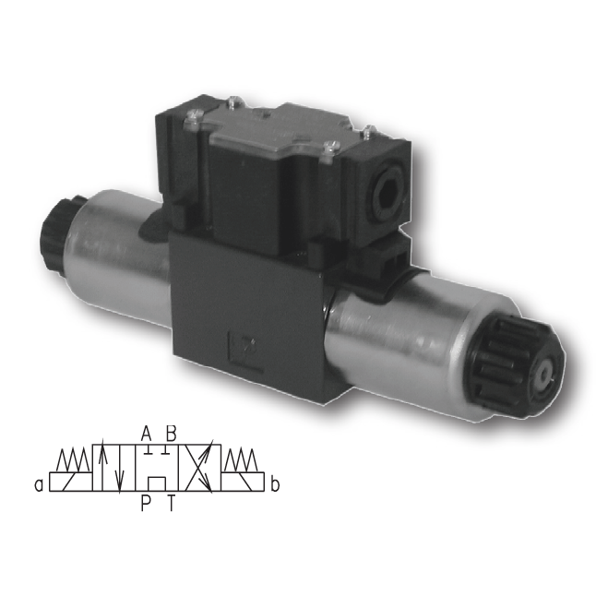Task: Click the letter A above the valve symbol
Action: [147, 433]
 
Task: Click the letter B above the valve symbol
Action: [172, 433]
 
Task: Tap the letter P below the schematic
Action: [146, 503]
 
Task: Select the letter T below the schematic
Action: [172, 503]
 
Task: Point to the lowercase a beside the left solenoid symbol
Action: [39, 485]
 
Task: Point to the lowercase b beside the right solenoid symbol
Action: [275, 484]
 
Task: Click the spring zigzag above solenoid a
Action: [73, 460]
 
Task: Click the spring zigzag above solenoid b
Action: [242, 460]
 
